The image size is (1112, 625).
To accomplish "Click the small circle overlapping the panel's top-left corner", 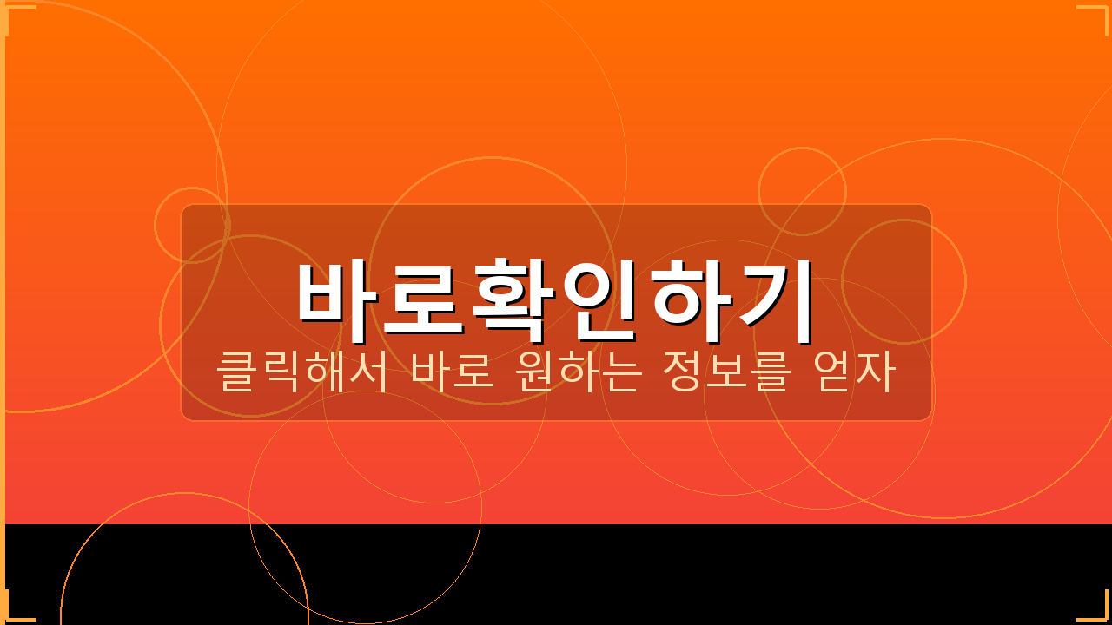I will click(x=192, y=225).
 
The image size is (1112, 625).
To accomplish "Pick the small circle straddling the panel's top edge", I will click(x=802, y=191).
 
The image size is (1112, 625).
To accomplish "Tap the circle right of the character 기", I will click(x=903, y=281).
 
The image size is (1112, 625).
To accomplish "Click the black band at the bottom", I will click(x=695, y=573).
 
